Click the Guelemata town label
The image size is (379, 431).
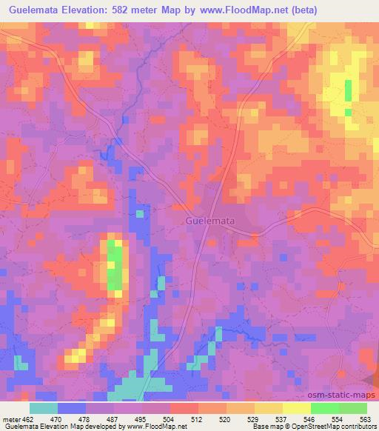pyautogui.click(x=210, y=221)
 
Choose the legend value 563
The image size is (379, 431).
pyautogui.click(x=365, y=418)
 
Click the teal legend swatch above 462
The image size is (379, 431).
pyautogui.click(x=44, y=408)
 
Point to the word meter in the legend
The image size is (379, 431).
pyautogui.click(x=13, y=418)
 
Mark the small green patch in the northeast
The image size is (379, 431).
pyautogui.click(x=348, y=90)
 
